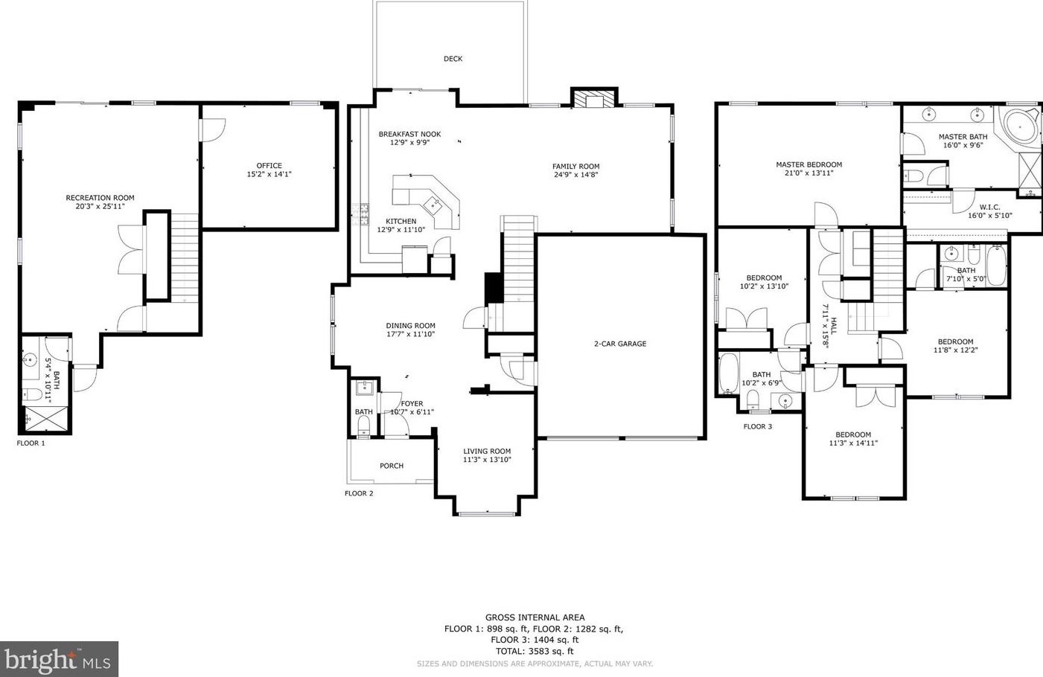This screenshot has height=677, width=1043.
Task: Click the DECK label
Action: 453,59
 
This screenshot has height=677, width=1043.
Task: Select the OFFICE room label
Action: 269,166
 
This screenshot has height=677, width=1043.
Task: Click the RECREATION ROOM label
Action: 100,198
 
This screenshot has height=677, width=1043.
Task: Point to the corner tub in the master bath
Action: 1020,125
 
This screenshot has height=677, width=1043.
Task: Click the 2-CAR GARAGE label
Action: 620,344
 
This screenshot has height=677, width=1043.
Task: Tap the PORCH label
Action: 392,466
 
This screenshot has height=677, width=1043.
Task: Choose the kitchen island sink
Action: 435,203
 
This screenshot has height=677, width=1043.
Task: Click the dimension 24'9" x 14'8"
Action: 576,175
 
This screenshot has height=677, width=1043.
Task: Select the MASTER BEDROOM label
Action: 808,164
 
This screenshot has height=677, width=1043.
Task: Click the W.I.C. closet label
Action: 989,207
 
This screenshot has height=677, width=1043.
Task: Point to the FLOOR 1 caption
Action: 31,443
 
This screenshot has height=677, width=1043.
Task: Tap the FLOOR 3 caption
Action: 758,427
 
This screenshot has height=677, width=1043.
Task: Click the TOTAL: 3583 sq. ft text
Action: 535,652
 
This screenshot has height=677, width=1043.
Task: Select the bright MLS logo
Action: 59,659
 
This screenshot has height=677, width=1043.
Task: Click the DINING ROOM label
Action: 411,326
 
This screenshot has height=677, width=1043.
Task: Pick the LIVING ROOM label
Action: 487,452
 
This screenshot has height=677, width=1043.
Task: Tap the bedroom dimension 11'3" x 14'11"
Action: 853,443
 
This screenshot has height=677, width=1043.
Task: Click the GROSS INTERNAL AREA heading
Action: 535,618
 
